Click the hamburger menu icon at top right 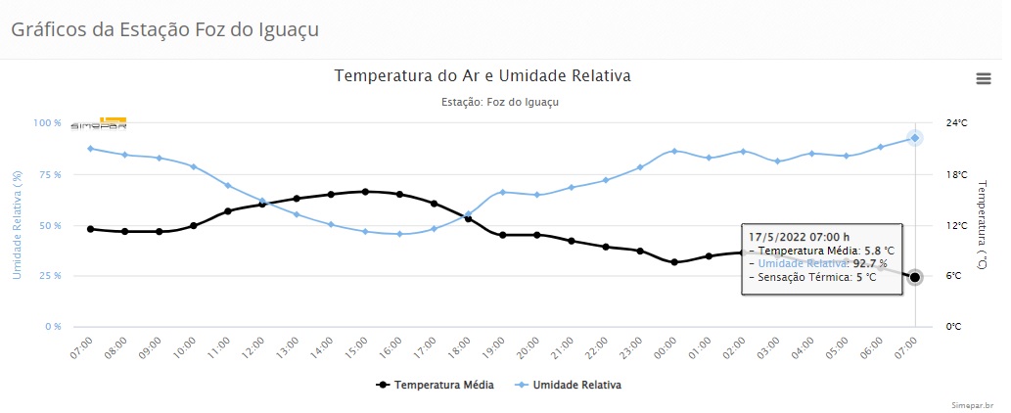click(x=984, y=78)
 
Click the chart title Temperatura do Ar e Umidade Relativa click(x=483, y=75)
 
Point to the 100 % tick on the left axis click(x=48, y=123)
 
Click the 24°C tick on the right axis click(x=956, y=123)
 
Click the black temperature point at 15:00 click(x=365, y=192)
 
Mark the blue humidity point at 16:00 click(x=399, y=234)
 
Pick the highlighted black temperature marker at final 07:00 click(x=914, y=277)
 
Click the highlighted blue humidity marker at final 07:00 click(x=914, y=138)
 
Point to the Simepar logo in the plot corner click(x=99, y=124)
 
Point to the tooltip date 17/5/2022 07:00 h click(x=799, y=237)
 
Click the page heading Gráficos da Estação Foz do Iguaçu click(x=164, y=28)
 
